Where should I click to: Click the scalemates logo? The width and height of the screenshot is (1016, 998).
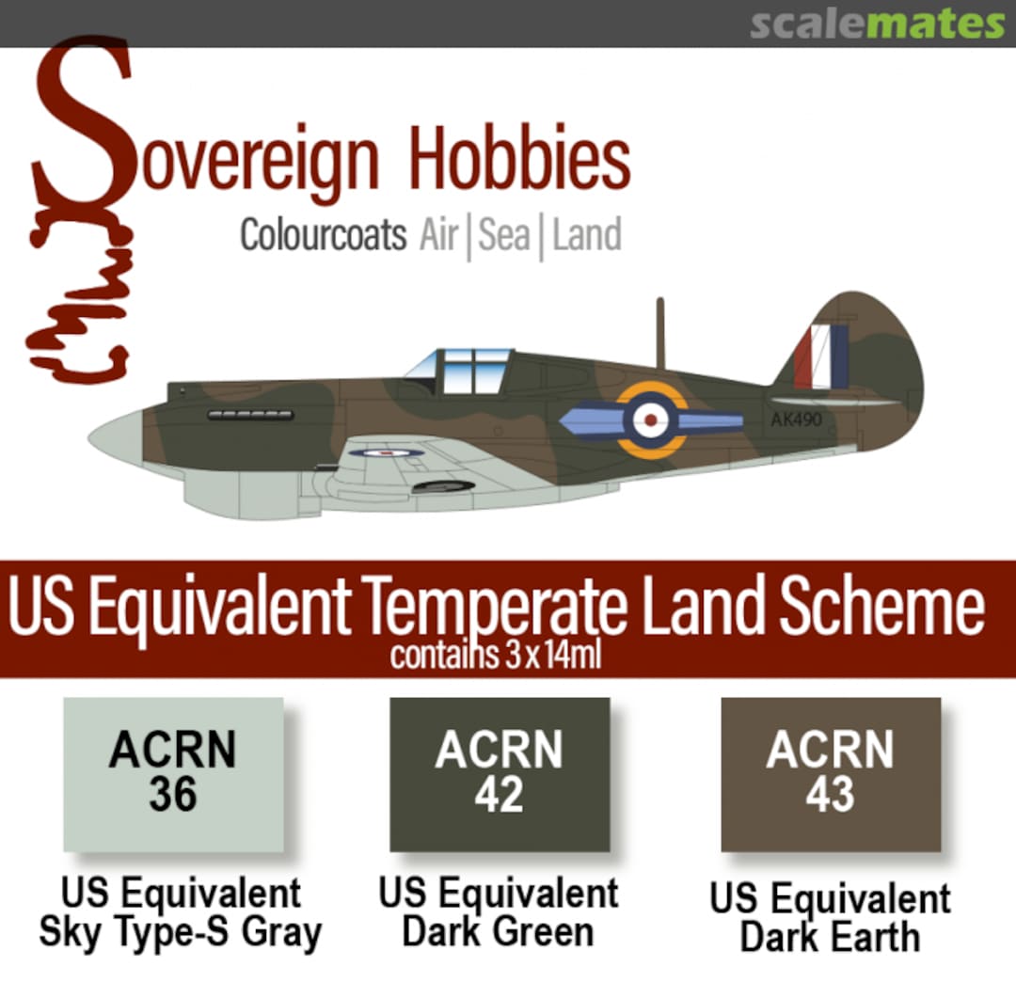coord(877,24)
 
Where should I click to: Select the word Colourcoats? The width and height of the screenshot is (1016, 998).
coord(323,235)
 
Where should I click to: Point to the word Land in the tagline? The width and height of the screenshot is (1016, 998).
coord(586,235)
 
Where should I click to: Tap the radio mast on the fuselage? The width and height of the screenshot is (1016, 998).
coord(660,333)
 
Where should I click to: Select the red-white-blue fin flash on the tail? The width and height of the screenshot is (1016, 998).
coord(820,356)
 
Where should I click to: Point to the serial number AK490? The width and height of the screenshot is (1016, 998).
coord(796,420)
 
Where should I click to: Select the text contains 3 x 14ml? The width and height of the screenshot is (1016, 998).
coord(496,656)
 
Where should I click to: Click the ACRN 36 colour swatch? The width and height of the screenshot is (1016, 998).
coord(173,774)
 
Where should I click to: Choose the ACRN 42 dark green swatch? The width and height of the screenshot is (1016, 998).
coord(500,774)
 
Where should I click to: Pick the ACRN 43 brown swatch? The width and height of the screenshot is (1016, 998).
coord(831,774)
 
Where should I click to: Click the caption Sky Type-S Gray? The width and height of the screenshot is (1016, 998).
coord(180,933)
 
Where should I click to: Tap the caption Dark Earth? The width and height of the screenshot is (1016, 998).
coord(830,938)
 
